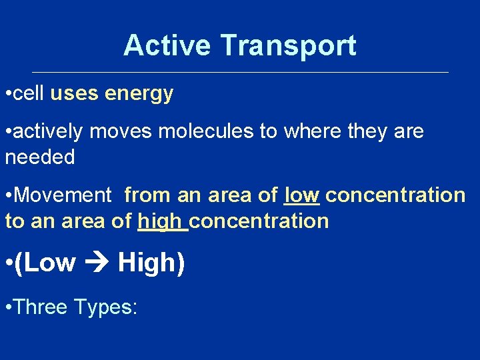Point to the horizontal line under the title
(240, 72)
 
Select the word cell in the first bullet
(29, 94)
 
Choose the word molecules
(206, 131)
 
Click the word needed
(40, 157)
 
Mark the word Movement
(63, 195)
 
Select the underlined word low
(302, 195)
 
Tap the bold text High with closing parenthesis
(151, 263)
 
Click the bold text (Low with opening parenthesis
(45, 263)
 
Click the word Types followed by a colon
(106, 307)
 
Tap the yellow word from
(147, 195)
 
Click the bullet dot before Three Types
(7, 307)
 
